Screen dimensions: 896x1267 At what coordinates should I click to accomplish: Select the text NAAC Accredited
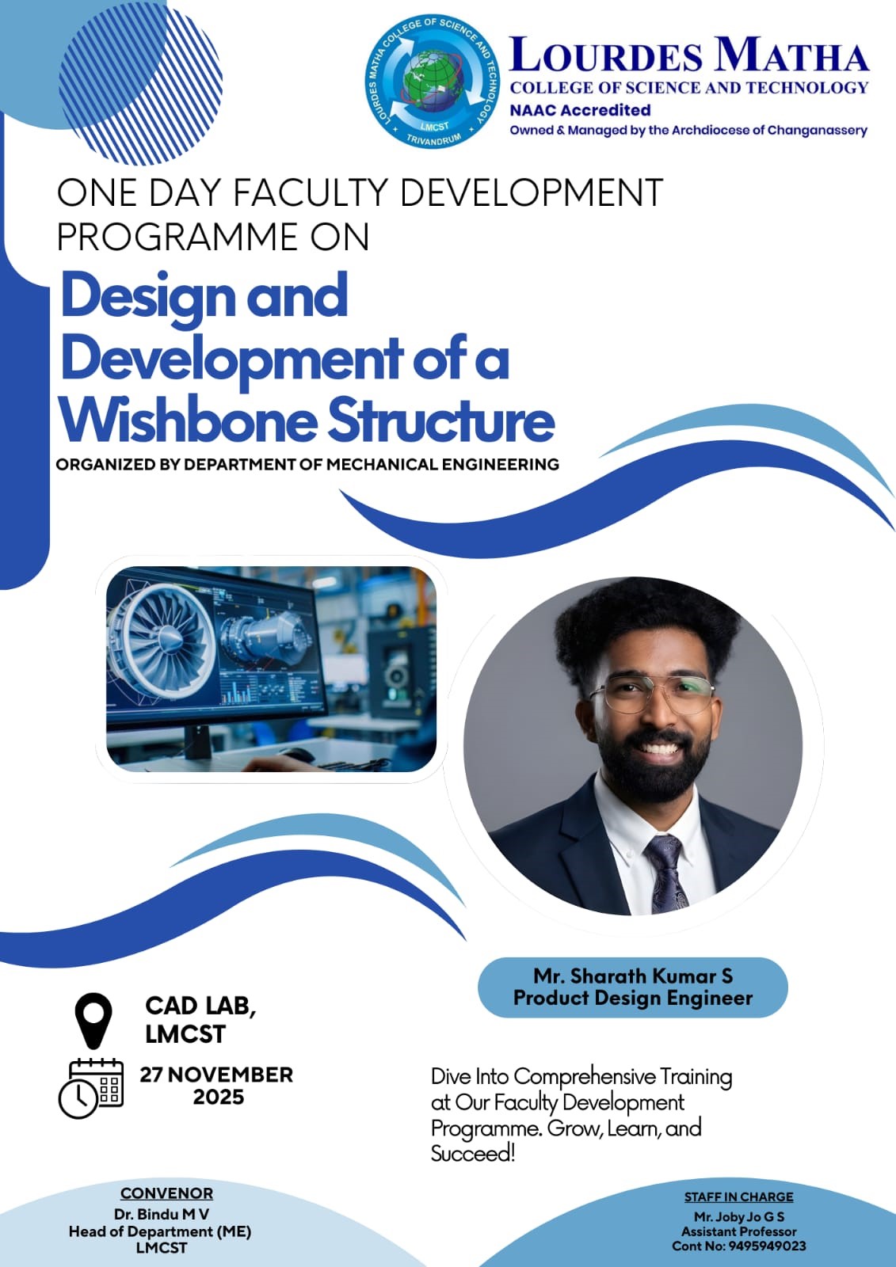[x=580, y=110]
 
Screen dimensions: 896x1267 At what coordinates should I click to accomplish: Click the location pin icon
[x=93, y=1021]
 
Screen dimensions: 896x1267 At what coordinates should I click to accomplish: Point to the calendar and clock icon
[x=91, y=1089]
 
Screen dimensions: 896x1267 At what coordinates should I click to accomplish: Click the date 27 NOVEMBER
[x=216, y=1075]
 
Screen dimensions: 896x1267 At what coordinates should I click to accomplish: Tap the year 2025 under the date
[x=219, y=1098]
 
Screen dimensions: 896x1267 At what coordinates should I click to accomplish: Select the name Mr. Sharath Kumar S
[x=633, y=976]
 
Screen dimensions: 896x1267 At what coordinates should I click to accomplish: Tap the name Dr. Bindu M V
[x=162, y=1214]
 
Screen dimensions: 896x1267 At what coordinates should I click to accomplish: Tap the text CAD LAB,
[x=200, y=1006]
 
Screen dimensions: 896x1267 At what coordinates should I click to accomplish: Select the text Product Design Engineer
[x=633, y=998]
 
